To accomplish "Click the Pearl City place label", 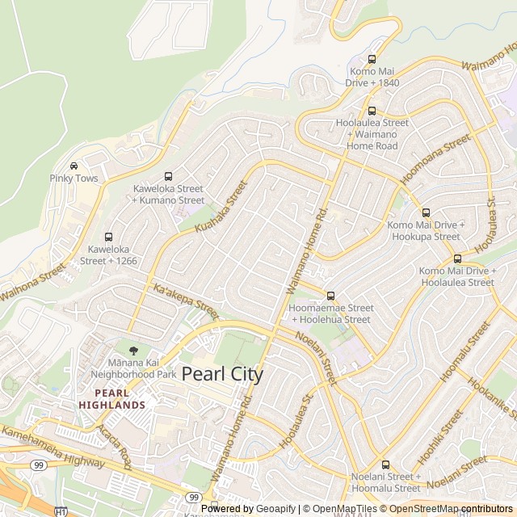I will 222,374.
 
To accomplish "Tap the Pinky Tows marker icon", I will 74,166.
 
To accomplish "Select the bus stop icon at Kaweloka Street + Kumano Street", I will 168,176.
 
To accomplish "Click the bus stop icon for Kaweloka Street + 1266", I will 107,237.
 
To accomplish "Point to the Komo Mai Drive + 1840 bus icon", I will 372,59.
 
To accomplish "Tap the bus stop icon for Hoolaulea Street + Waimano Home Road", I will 372,111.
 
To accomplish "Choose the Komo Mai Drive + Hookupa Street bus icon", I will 426,212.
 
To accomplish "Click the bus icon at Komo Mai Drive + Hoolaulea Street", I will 457,258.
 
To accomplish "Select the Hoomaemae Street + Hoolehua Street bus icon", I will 330,296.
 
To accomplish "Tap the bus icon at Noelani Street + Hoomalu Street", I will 385,464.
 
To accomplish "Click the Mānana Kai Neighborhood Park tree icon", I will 133,351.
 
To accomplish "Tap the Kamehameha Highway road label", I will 52,447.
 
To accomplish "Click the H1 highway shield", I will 61,511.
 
